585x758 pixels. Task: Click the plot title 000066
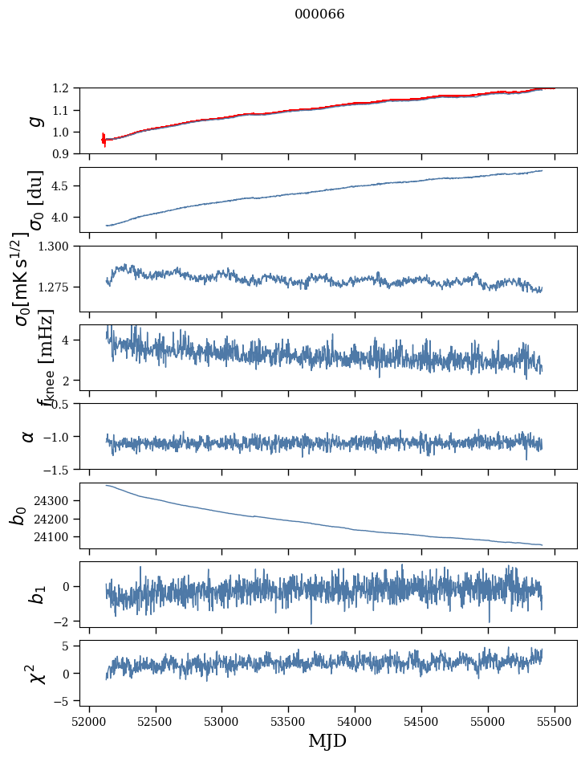pos(319,14)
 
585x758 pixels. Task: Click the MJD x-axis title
pos(327,740)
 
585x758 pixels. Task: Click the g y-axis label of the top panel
pos(35,120)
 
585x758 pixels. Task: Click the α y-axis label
pos(29,436)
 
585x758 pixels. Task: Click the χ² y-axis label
pos(36,673)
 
